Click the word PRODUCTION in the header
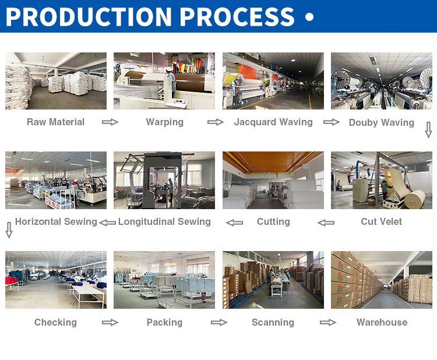(89, 17)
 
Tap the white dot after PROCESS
(309, 17)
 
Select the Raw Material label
(55, 122)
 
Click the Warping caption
(165, 122)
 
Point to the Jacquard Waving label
(273, 122)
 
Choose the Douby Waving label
(382, 122)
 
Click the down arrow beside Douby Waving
(428, 130)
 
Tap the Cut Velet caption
(382, 221)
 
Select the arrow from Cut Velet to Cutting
(326, 223)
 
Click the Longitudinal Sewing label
(164, 222)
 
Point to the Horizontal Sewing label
(56, 222)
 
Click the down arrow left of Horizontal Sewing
(9, 230)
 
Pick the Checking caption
(55, 322)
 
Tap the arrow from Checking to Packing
(110, 323)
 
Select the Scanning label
(273, 322)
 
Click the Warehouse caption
(382, 322)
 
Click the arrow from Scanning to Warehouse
(328, 323)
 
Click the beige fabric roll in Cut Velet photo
(415, 199)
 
